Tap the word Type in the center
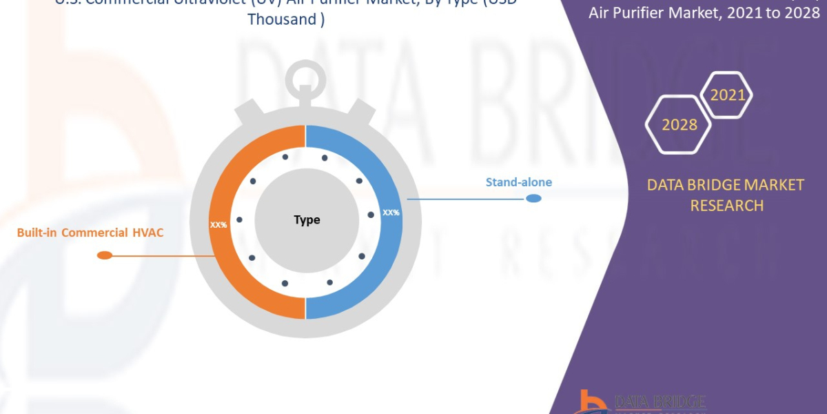click(307, 220)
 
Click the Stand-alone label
click(518, 183)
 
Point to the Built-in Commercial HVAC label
click(90, 233)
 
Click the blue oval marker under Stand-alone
click(533, 199)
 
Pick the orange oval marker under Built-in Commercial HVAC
click(105, 255)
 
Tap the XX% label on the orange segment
click(218, 225)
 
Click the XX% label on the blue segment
click(391, 213)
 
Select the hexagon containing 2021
click(727, 95)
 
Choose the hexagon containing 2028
click(679, 125)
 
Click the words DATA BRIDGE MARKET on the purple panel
click(726, 185)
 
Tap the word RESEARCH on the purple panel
click(726, 206)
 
